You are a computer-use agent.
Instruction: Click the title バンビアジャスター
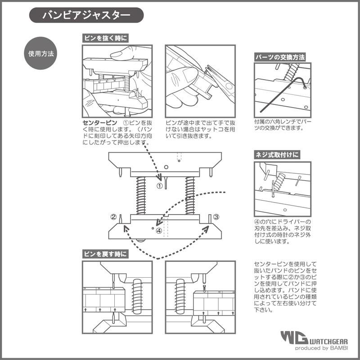pos(86,15)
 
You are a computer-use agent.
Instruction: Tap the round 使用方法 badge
pos(41,53)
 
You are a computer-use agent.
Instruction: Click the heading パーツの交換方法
pos(279,58)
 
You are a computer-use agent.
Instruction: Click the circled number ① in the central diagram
pos(159,185)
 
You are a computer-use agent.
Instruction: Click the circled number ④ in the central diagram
pos(159,231)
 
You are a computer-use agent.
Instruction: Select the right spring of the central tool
pos(189,195)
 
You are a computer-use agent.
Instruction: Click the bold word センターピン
pos(100,122)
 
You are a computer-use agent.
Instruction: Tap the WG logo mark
pos(294,338)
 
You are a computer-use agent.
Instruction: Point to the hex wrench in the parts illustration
pos(288,92)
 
